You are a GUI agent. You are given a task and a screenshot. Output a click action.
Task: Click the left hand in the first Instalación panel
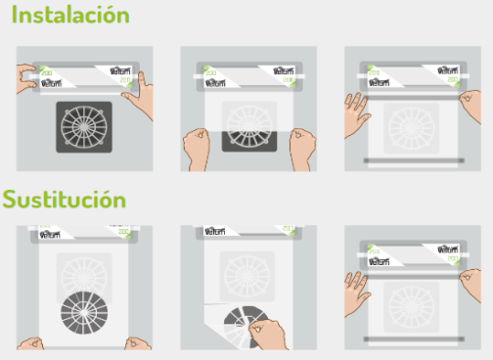click(29, 78)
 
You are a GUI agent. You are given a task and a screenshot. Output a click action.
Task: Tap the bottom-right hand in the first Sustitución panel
click(138, 343)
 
